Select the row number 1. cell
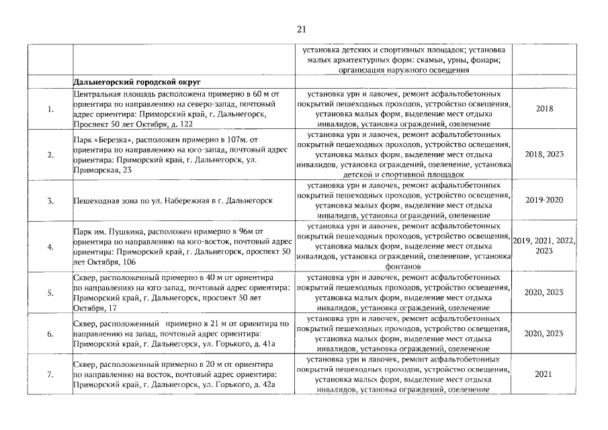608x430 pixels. pyautogui.click(x=50, y=109)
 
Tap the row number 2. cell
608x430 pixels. pyautogui.click(x=50, y=155)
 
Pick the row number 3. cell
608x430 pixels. pyautogui.click(x=50, y=200)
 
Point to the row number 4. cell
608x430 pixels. pyautogui.click(x=50, y=247)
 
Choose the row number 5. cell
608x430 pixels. pyautogui.click(x=50, y=292)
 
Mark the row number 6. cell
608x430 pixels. pyautogui.click(x=50, y=333)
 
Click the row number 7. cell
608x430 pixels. pyautogui.click(x=50, y=374)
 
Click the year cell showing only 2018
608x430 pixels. pyautogui.click(x=544, y=109)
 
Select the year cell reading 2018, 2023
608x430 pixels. pyautogui.click(x=544, y=155)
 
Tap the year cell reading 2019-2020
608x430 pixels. pyautogui.click(x=544, y=200)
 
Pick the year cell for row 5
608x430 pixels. pyautogui.click(x=544, y=292)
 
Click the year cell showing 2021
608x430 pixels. pyautogui.click(x=544, y=374)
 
